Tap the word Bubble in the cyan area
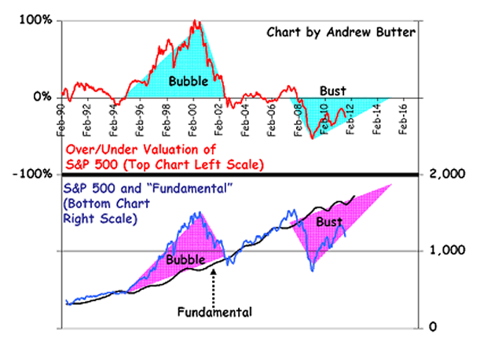pyautogui.click(x=189, y=79)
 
